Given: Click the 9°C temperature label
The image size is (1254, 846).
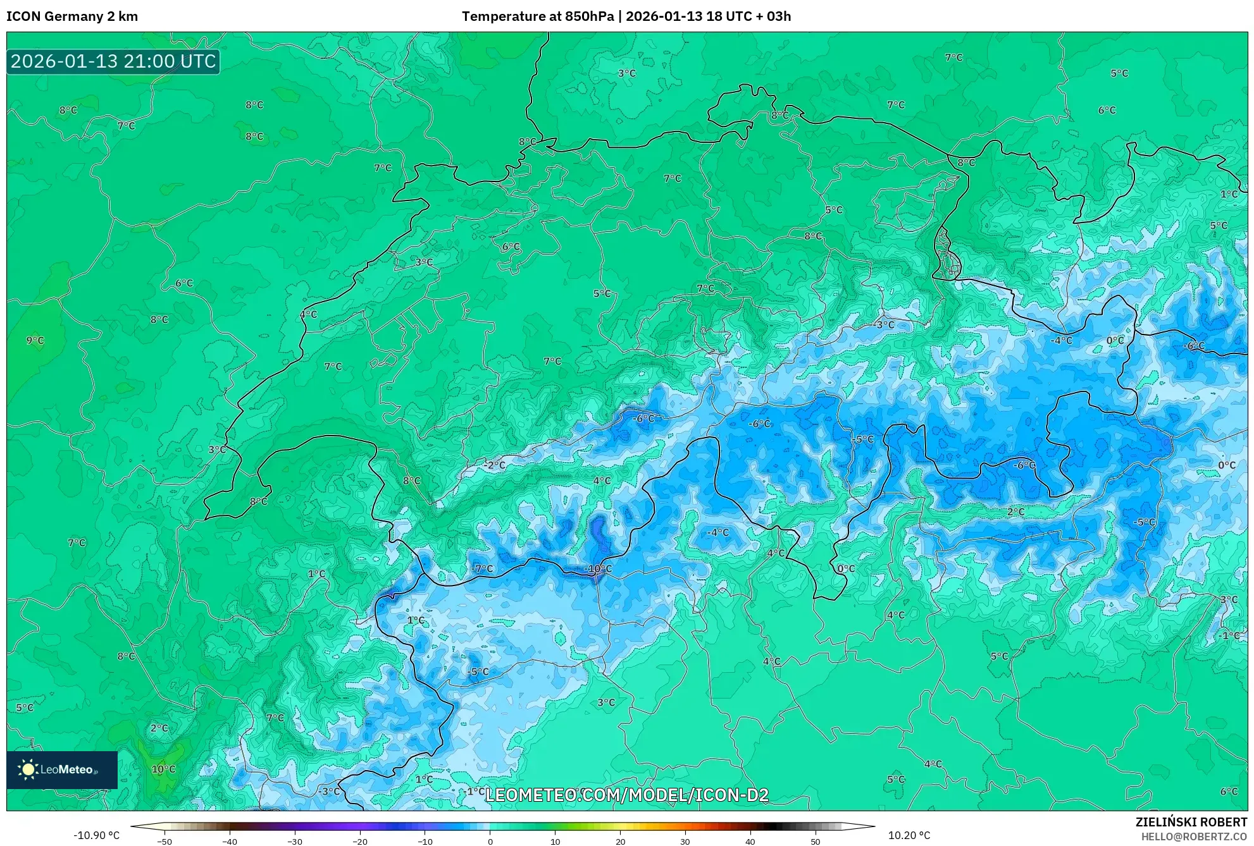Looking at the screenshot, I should coord(35,341).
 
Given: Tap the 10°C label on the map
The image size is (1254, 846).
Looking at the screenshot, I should coord(163,769).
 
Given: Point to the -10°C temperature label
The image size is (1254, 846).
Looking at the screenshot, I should coord(599,569).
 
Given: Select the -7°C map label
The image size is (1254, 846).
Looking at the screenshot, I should coord(483,569).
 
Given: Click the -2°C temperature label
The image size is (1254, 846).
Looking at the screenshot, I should coord(495,465).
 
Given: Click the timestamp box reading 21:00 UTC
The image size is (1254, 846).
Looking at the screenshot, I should coord(113,61).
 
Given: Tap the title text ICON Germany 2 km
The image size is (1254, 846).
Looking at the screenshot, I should coord(72,16).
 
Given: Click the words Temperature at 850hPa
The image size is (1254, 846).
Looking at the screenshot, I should coord(537,16).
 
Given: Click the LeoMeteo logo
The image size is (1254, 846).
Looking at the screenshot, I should coord(62,769).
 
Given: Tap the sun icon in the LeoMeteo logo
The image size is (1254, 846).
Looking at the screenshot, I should coord(28,769).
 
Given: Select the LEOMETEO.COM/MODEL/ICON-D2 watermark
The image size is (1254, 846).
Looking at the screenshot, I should coord(626,795).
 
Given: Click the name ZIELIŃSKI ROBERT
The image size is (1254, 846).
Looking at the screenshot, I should coord(1191,822).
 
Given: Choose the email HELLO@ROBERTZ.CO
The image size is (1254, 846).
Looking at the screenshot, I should coord(1194,837).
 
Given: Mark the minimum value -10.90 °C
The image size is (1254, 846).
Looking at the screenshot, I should coord(96,835).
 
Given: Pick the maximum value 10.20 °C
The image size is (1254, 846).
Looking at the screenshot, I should coord(909,835).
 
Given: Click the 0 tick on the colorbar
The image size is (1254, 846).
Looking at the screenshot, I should coord(490,842).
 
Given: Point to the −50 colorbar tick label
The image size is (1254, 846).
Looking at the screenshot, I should coord(165,842).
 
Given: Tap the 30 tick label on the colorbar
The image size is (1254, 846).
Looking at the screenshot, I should coord(685,842).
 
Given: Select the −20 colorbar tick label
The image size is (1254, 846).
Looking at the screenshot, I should coord(359,842).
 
